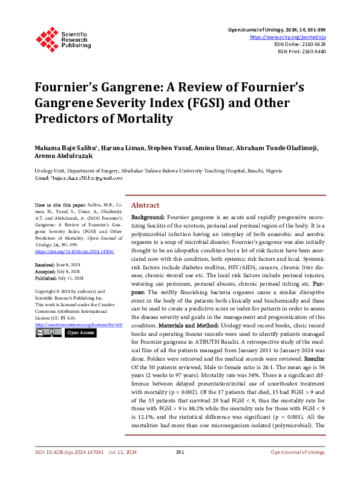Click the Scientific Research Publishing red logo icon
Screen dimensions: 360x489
(47, 38)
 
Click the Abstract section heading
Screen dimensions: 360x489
(145, 205)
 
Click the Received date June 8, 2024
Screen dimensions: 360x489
(67, 265)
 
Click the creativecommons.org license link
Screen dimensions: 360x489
(79, 324)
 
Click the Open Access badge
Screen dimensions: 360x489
(80, 333)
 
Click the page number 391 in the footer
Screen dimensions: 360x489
(179, 469)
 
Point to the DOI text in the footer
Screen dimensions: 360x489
(68, 469)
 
